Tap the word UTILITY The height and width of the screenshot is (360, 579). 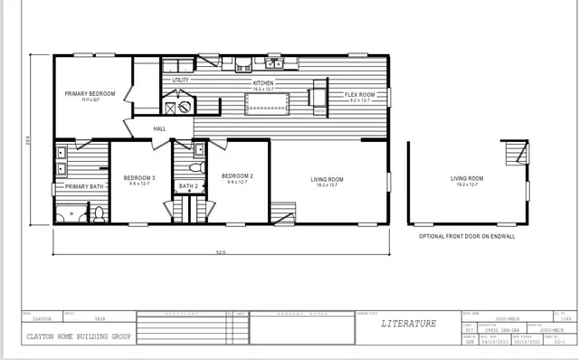click(180, 81)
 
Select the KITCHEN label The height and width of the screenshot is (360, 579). click(263, 83)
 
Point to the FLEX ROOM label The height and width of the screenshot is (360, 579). click(359, 94)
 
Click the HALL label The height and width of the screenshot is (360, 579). click(159, 128)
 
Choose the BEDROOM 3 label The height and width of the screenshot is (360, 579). click(140, 177)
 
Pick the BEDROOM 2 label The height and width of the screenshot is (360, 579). click(237, 175)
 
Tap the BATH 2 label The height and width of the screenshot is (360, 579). click(188, 186)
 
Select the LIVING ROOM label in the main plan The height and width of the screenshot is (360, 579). click(326, 179)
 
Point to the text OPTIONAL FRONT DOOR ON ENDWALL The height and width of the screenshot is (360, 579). click(468, 235)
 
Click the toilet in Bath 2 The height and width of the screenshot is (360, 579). click(190, 167)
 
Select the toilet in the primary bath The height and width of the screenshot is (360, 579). click(99, 214)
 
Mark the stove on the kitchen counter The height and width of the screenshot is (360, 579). click(242, 66)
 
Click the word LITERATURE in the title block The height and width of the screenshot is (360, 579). click(408, 323)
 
